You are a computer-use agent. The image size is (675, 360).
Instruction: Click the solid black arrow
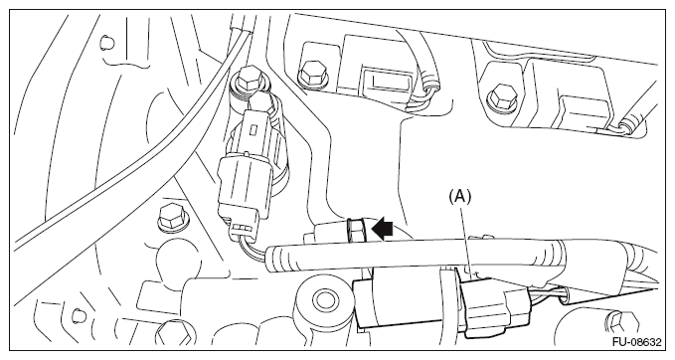(383, 229)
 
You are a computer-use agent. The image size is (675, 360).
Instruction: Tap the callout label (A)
(459, 196)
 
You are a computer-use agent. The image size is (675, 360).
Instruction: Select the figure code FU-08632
(637, 342)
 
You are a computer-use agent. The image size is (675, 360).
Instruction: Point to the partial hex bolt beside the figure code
(620, 323)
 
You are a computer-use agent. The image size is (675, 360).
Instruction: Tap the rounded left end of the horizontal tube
(274, 259)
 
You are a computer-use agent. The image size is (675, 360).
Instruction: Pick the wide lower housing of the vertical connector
(245, 186)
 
